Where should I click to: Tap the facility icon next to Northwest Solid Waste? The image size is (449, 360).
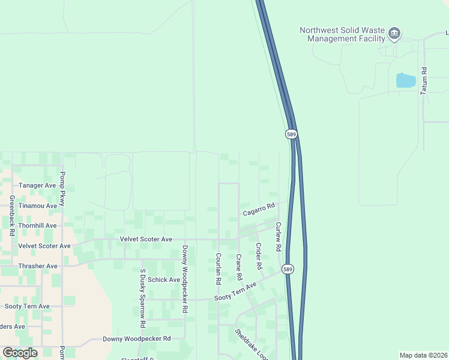(394, 33)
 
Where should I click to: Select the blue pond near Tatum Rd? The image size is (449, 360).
(406, 80)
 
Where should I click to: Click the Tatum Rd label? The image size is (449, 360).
(424, 80)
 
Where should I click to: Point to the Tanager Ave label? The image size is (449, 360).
(37, 185)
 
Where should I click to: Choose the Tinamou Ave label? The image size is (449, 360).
(37, 205)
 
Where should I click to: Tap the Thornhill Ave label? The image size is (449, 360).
(37, 226)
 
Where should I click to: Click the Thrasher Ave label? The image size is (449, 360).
(37, 266)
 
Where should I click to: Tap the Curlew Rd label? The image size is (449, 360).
(278, 236)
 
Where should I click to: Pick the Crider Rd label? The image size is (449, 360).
(259, 256)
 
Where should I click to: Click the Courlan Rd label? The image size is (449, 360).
(218, 268)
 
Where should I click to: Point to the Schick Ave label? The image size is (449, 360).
(164, 280)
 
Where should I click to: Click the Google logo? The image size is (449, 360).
(20, 353)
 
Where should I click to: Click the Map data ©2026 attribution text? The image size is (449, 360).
(423, 355)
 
